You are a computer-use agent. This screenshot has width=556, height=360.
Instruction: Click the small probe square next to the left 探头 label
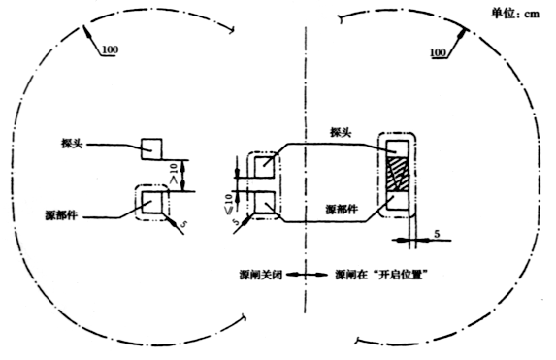[153, 147]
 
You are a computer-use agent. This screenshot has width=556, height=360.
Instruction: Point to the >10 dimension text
[177, 175]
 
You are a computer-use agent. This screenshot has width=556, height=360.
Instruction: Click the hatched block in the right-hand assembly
[398, 177]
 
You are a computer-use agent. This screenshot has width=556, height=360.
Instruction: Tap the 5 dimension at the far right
[439, 234]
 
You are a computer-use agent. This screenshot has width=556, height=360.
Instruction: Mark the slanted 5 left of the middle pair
[236, 222]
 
